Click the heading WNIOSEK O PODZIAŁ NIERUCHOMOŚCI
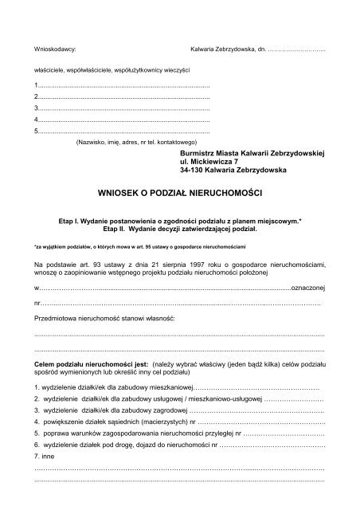179,193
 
